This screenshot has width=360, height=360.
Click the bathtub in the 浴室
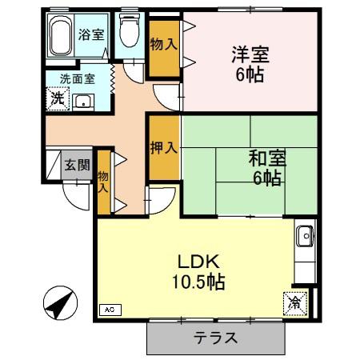point(61,35)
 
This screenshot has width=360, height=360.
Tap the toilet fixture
point(130,31)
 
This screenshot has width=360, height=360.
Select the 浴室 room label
point(91,34)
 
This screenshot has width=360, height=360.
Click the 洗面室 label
point(78,79)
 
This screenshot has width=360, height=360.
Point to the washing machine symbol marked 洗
point(58,98)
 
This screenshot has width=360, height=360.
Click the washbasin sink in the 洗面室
point(83,102)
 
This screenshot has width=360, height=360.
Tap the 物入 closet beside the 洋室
point(164,48)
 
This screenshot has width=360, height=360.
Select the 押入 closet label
point(164,147)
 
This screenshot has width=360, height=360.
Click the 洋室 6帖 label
point(250,64)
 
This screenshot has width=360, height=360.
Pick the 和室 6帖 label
point(267,168)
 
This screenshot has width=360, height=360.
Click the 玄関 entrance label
point(77,165)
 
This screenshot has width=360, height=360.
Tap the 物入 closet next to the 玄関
point(104,182)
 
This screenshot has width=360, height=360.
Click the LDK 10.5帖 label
point(198,272)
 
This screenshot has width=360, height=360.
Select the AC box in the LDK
point(110,310)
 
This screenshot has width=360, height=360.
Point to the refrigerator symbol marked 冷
point(295,304)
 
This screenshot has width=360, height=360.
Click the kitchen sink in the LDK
point(306,236)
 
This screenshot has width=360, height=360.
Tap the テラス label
point(215,338)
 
